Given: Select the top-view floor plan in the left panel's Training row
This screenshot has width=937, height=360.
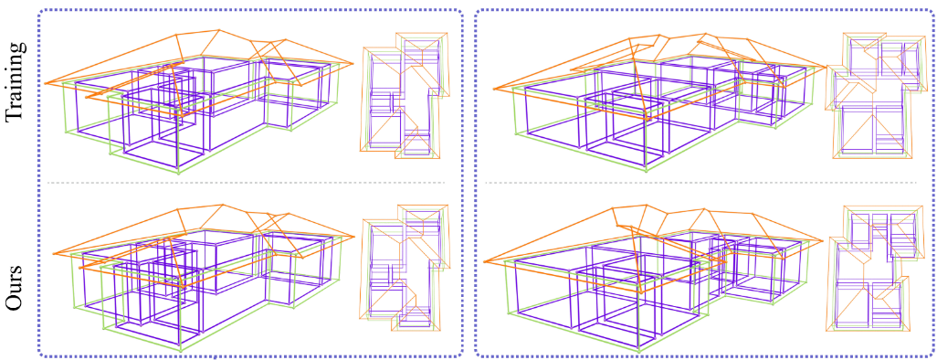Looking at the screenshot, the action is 404,96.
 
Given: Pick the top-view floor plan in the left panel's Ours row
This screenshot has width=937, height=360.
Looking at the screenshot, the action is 404,267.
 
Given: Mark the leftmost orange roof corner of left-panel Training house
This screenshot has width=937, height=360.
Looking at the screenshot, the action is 46,83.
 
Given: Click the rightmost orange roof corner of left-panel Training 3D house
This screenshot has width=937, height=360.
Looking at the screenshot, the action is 353,63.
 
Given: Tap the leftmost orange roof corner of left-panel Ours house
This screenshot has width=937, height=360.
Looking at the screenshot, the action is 53,255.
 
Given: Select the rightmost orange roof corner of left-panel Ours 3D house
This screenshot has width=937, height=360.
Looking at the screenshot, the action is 353,237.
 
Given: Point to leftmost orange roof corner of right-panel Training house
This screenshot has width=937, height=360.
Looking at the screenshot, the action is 493,90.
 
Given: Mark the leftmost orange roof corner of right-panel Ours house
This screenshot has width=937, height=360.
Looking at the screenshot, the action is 483,262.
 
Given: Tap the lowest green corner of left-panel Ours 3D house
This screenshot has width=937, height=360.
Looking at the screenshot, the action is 180,351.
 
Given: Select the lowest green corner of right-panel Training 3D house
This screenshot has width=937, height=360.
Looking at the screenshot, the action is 647,168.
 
